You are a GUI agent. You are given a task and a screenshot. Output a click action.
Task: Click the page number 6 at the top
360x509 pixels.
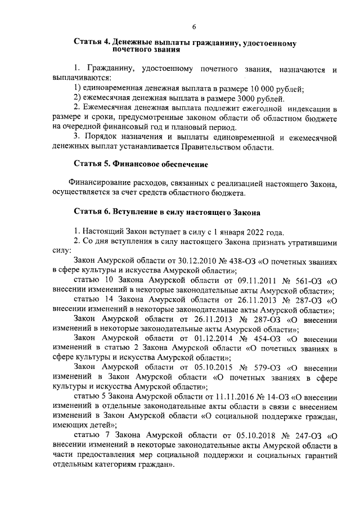coord(194,27)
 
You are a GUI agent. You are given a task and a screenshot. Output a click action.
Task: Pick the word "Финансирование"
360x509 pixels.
coord(100,183)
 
